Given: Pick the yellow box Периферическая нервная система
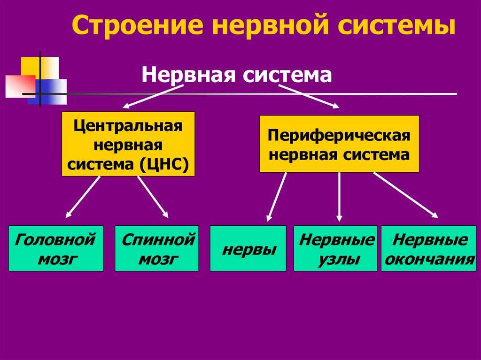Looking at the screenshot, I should [339, 144].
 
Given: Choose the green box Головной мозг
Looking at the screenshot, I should [56, 248].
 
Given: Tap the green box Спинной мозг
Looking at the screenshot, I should [157, 248].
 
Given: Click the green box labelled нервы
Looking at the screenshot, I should [248, 248].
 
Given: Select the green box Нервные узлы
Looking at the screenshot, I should [335, 248].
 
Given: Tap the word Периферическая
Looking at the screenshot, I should [339, 136].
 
